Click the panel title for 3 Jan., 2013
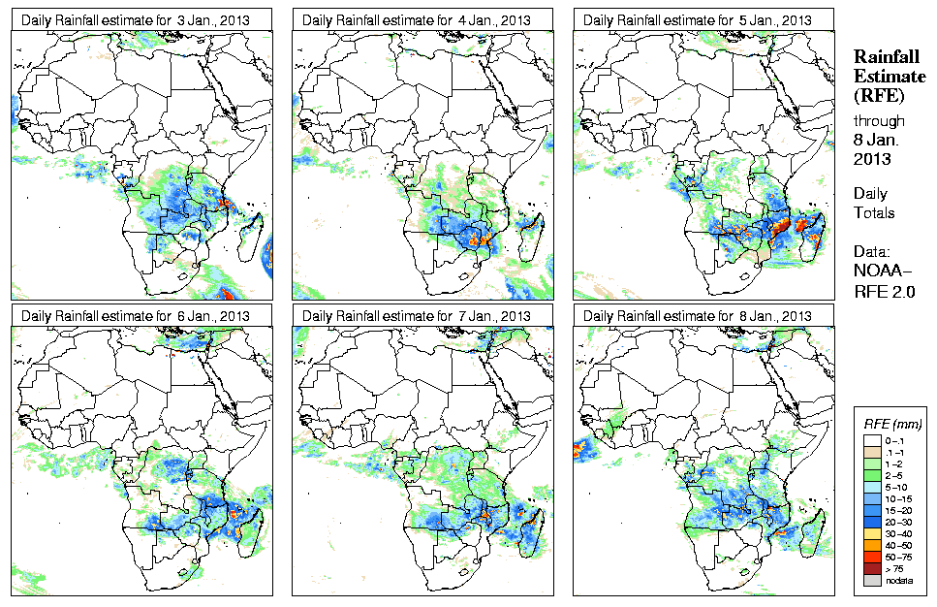[x=139, y=19]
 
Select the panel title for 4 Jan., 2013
[x=420, y=19]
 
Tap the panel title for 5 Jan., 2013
[x=701, y=19]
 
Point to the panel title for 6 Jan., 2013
[x=139, y=316]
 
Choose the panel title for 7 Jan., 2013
[x=420, y=316]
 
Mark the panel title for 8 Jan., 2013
[x=701, y=316]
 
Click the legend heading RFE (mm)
[x=892, y=424]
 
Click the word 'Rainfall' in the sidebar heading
[x=886, y=57]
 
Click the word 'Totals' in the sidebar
[x=874, y=212]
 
